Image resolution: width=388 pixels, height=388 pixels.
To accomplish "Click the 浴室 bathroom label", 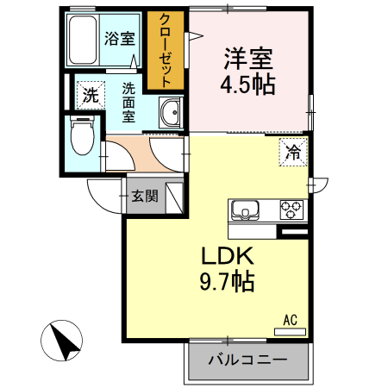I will click(x=119, y=38).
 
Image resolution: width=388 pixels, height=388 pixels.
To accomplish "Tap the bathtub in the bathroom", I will click(x=83, y=41).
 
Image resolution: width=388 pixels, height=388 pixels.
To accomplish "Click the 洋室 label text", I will click(x=249, y=60).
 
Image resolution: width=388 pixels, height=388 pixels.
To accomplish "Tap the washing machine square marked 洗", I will click(x=91, y=96).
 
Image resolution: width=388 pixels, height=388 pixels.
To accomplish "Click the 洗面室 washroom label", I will click(x=127, y=102).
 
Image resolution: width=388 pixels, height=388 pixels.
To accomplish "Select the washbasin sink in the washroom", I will click(x=171, y=113).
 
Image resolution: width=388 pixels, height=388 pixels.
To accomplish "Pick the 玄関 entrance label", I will click(x=144, y=196).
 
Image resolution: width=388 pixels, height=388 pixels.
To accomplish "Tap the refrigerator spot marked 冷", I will click(x=292, y=153).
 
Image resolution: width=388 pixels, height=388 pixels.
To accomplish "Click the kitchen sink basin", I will click(x=245, y=210).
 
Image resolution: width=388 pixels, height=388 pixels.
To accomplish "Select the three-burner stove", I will click(x=291, y=210).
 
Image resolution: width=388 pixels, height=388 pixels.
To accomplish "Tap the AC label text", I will click(x=290, y=321).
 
